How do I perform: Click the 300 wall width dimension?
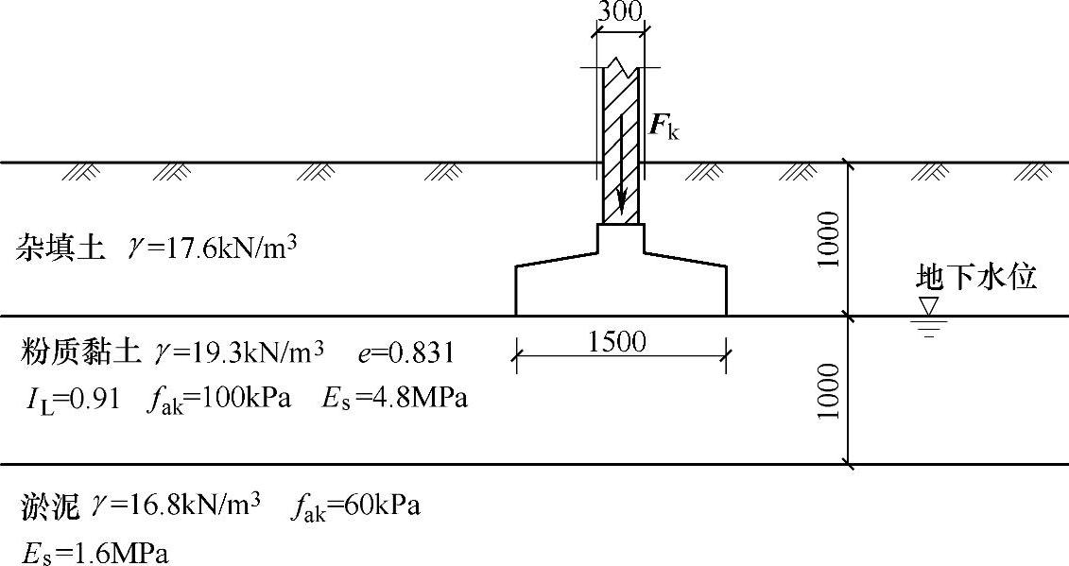[x=620, y=11]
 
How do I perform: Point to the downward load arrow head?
[x=621, y=206]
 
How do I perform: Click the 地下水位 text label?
[x=977, y=277]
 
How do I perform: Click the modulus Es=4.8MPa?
[x=395, y=399]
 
